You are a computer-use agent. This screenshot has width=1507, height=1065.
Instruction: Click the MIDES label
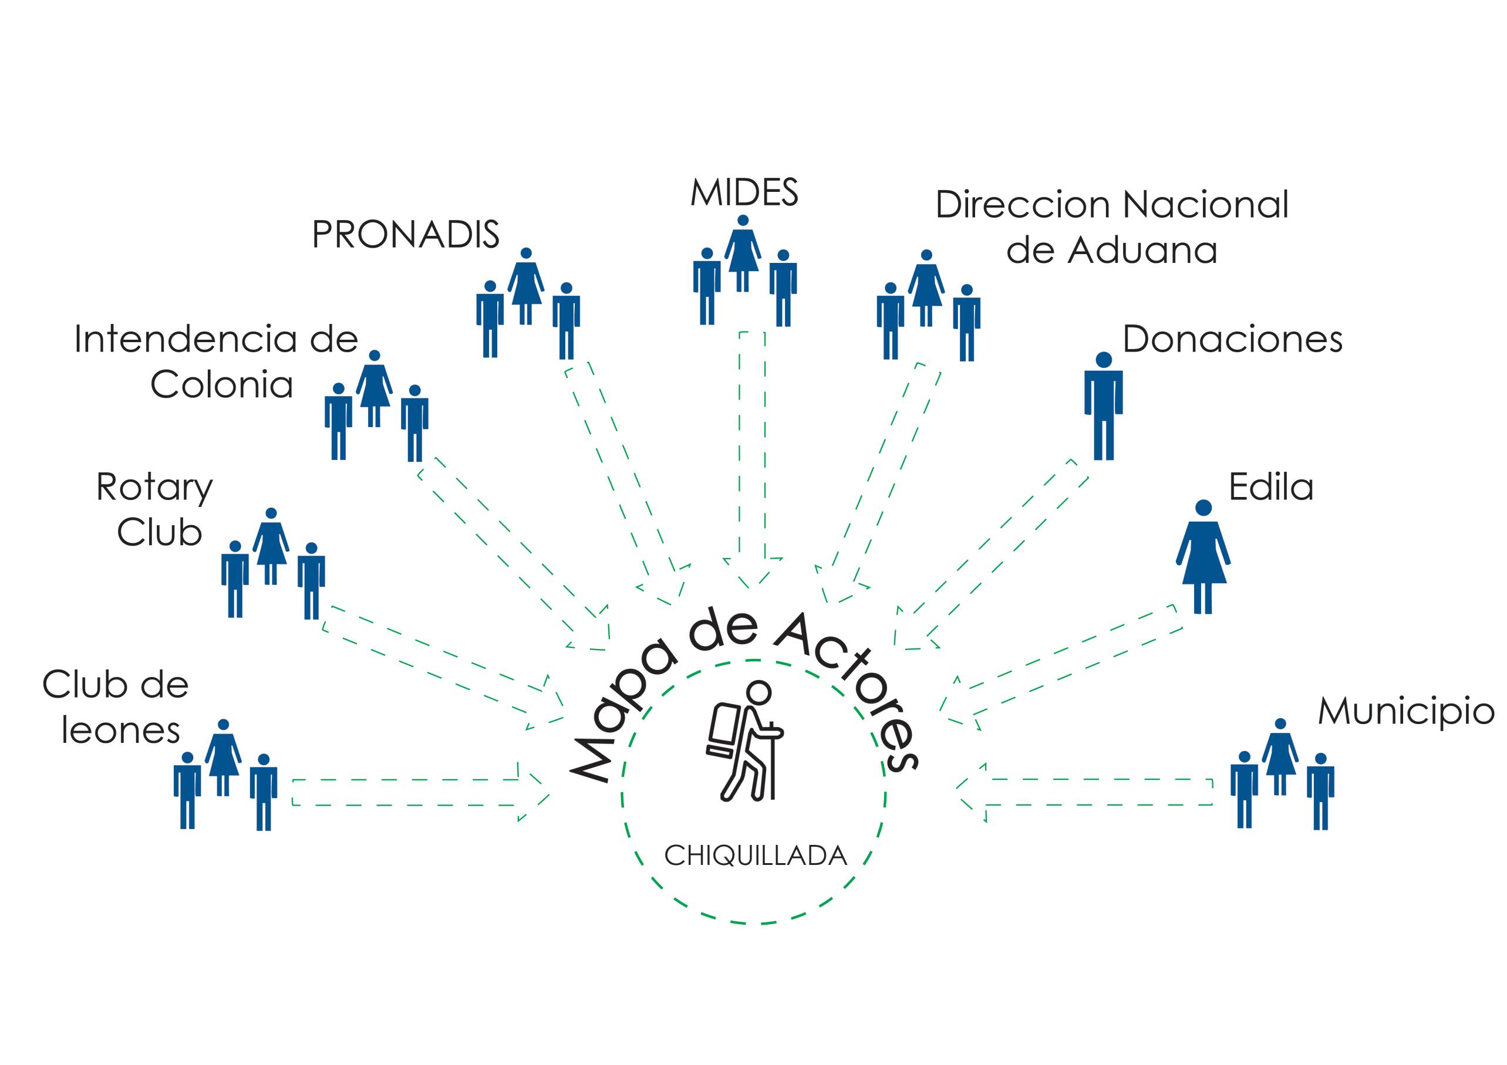tap(744, 193)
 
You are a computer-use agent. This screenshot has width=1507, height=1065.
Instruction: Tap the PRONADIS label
tap(405, 234)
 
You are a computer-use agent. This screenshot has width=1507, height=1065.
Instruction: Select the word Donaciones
tap(1232, 340)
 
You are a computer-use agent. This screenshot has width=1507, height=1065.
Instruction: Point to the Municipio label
tap(1406, 712)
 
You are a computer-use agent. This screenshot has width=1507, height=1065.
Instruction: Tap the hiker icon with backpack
tap(746, 742)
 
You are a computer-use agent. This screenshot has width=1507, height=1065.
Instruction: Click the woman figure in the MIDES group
tap(742, 253)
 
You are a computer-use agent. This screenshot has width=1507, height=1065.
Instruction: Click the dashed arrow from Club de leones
tap(420, 792)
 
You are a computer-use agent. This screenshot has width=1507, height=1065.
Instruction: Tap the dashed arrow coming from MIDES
tap(752, 459)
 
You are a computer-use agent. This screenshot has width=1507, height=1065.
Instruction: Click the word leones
tap(121, 731)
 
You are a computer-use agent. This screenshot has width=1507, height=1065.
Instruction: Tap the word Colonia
tap(222, 384)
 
